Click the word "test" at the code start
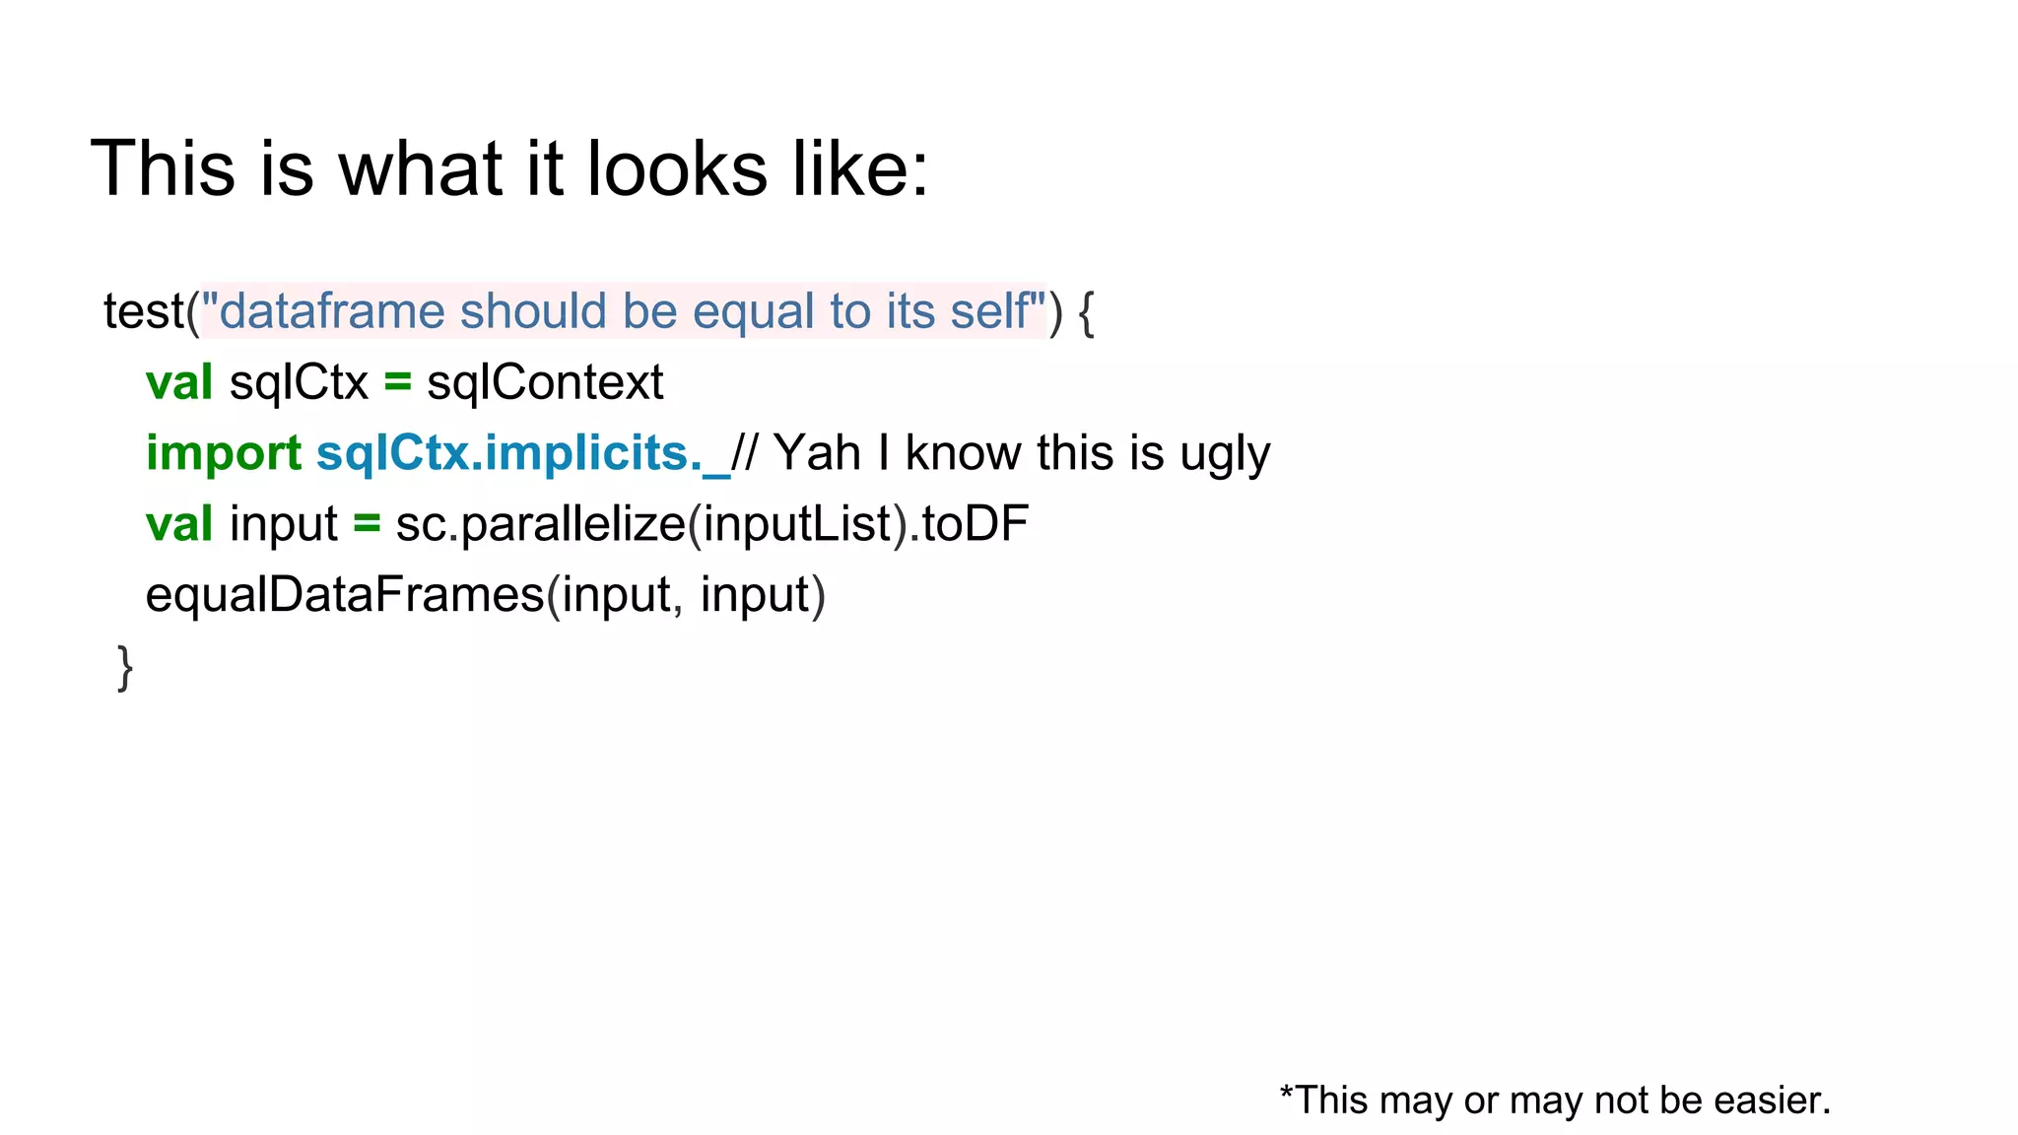click(144, 311)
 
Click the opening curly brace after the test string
click(1086, 313)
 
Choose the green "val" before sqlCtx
click(178, 382)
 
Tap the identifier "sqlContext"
click(545, 382)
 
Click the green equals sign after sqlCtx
click(397, 382)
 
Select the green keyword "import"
click(224, 454)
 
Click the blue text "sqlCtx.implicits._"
click(523, 454)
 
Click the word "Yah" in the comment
click(817, 453)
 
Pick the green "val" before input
click(178, 524)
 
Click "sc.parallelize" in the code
click(540, 524)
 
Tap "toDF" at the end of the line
click(975, 524)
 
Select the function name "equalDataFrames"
click(345, 595)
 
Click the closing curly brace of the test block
click(125, 668)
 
